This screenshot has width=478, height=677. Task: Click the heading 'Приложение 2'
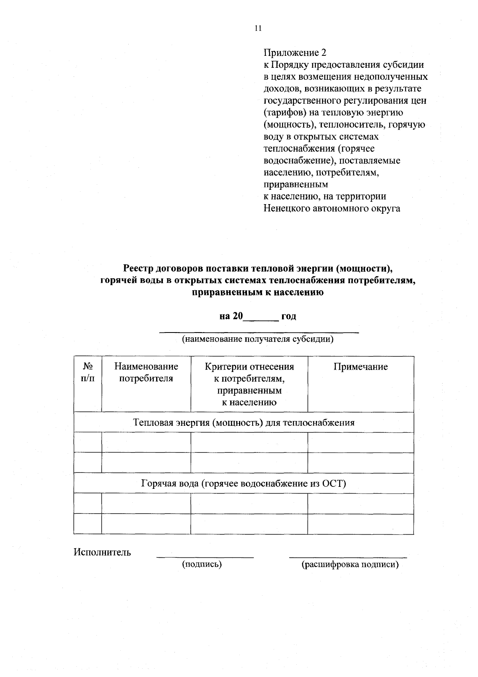(x=295, y=53)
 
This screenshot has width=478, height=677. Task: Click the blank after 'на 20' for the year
(x=261, y=317)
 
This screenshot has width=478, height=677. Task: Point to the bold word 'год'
(x=288, y=317)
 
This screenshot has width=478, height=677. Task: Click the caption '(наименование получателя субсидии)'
(x=257, y=339)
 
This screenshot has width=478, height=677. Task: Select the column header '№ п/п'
(x=88, y=372)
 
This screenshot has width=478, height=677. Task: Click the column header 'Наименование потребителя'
(x=146, y=372)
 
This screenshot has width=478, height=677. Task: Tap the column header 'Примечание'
(x=360, y=367)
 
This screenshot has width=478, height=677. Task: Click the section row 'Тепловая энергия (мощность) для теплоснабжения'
(x=243, y=422)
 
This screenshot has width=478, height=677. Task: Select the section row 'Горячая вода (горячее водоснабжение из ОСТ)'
(x=243, y=484)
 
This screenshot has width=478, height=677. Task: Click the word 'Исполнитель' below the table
(x=102, y=552)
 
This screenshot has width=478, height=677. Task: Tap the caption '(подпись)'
(x=202, y=564)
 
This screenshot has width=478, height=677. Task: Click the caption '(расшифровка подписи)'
(x=350, y=564)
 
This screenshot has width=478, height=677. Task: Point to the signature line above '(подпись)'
(x=205, y=557)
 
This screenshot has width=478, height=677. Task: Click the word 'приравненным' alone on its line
(x=296, y=185)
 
